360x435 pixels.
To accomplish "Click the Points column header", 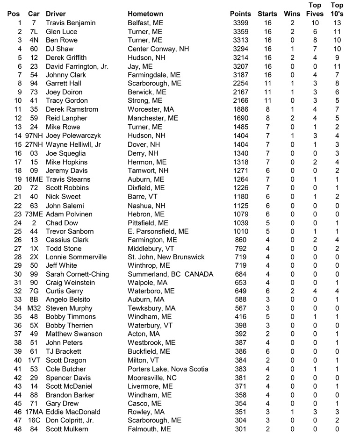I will click(x=240, y=14).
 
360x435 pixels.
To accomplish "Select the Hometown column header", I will click(x=145, y=14).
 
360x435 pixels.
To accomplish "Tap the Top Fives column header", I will click(x=315, y=9).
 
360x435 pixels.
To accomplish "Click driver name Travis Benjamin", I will click(x=71, y=23).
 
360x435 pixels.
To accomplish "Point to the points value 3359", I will click(x=240, y=32).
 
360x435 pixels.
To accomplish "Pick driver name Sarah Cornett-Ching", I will click(x=77, y=274).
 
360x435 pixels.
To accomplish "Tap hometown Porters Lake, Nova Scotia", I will click(x=168, y=369).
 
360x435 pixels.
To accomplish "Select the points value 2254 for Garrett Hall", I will click(x=240, y=84).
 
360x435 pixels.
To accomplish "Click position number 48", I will click(x=18, y=429).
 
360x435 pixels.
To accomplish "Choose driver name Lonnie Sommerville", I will click(x=76, y=257).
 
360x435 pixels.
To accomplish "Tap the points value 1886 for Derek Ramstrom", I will click(x=240, y=109).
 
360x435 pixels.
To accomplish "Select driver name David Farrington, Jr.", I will click(x=77, y=66).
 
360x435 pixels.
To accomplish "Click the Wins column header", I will click(x=292, y=14).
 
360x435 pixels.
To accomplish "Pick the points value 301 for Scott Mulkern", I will click(x=240, y=429).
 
